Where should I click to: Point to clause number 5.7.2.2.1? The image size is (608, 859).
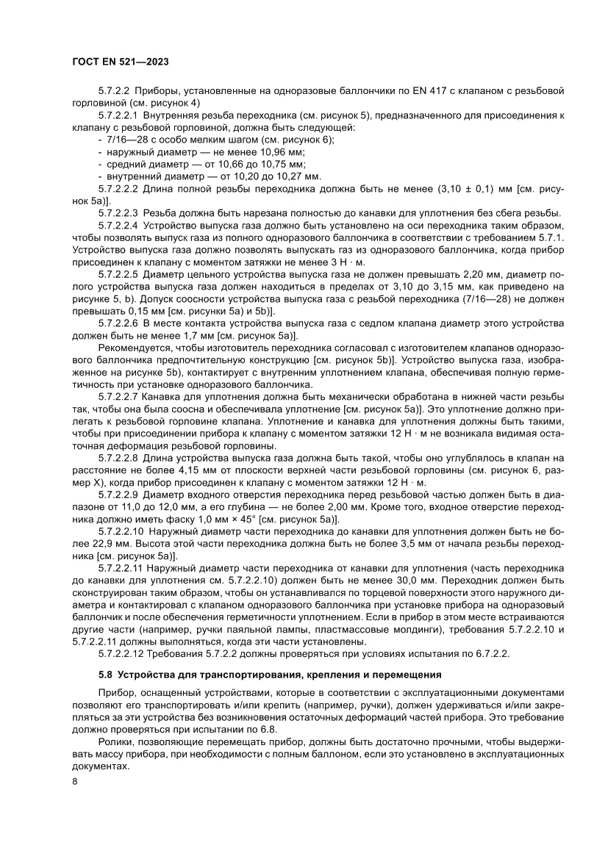click(x=118, y=115)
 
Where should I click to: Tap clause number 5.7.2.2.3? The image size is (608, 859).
click(x=118, y=213)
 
